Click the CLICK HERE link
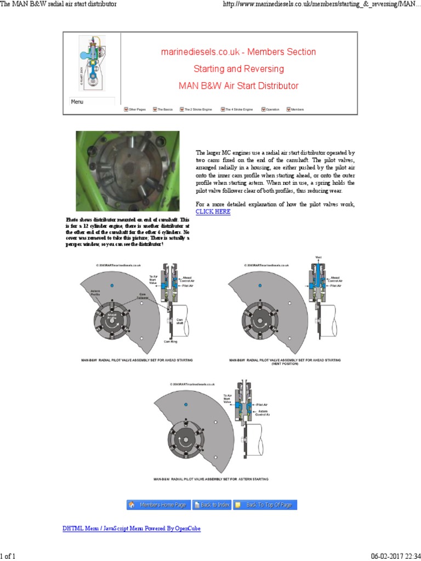[213, 211]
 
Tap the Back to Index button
[211, 505]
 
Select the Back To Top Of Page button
[265, 505]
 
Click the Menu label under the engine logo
[77, 101]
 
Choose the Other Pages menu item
[135, 110]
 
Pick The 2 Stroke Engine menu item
[196, 110]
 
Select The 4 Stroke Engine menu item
[237, 110]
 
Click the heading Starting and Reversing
[238, 69]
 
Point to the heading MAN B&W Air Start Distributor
[238, 86]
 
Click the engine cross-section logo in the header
[90, 62]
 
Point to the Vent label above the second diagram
[318, 257]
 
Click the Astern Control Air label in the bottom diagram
[261, 413]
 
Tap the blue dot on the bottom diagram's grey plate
[186, 403]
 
